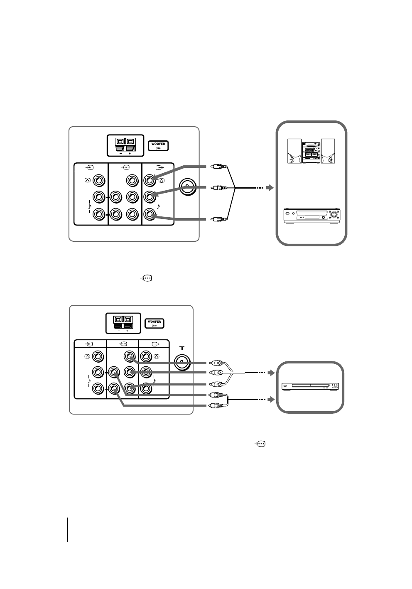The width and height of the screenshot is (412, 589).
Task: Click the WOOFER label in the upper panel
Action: click(x=159, y=146)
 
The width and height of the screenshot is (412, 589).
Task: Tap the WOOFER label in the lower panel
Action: click(x=154, y=324)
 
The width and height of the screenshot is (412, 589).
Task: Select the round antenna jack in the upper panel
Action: click(x=188, y=186)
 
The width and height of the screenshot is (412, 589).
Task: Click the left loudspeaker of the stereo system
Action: click(x=294, y=151)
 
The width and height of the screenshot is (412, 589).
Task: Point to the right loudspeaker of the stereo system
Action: click(x=328, y=151)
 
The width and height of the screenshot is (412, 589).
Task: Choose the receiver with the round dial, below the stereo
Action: click(x=311, y=215)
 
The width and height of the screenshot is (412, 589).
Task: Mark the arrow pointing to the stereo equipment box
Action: click(x=270, y=188)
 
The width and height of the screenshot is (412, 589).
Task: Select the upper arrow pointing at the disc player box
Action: click(x=270, y=373)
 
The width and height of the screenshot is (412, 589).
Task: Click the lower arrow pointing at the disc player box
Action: click(x=270, y=400)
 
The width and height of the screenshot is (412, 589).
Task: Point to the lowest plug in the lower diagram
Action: click(x=217, y=405)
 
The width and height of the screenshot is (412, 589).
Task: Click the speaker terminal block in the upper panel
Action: click(x=125, y=145)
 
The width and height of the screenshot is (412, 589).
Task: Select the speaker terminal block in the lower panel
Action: click(x=123, y=323)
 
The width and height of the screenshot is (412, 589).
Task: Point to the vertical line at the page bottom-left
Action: click(x=67, y=530)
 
